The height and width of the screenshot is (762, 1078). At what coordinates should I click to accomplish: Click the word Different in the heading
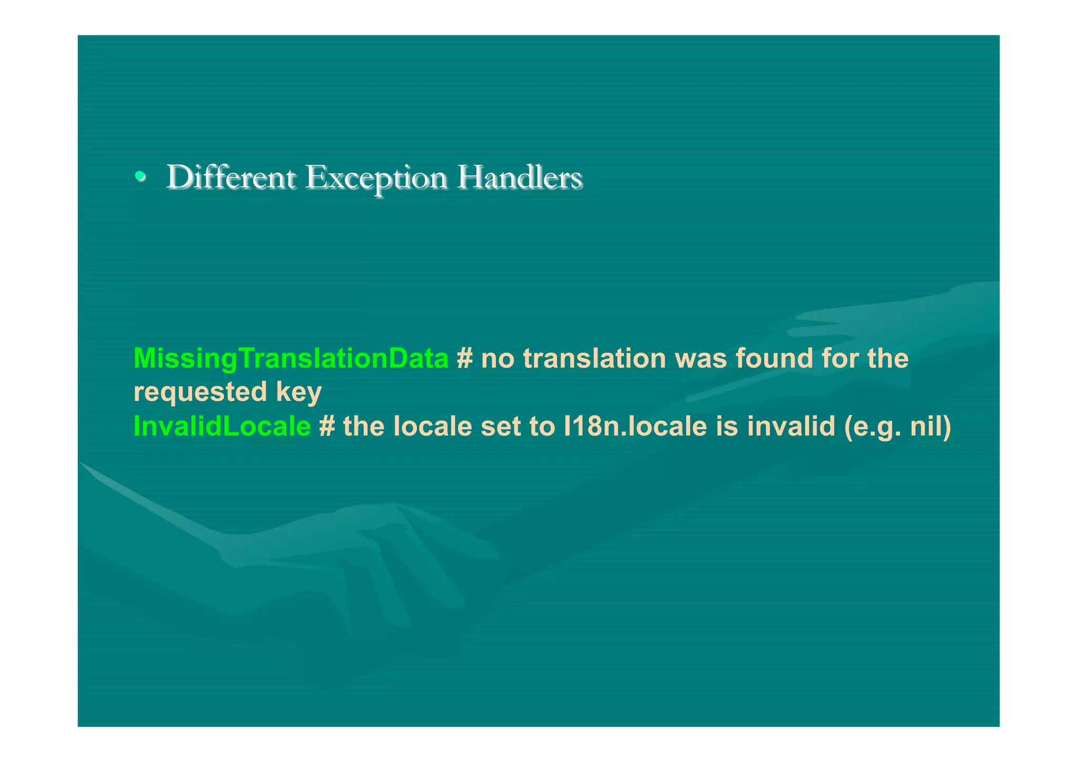click(231, 177)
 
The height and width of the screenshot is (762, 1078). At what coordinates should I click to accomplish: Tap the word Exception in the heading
click(376, 178)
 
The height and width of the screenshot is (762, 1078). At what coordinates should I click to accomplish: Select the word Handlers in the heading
click(519, 177)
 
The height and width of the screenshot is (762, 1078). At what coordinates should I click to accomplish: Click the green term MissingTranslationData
click(291, 359)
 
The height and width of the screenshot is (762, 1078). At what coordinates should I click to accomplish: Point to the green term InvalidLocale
click(222, 426)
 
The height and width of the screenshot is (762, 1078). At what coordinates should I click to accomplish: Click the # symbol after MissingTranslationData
click(464, 359)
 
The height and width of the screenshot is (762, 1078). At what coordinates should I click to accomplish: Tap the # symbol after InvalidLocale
click(327, 426)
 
